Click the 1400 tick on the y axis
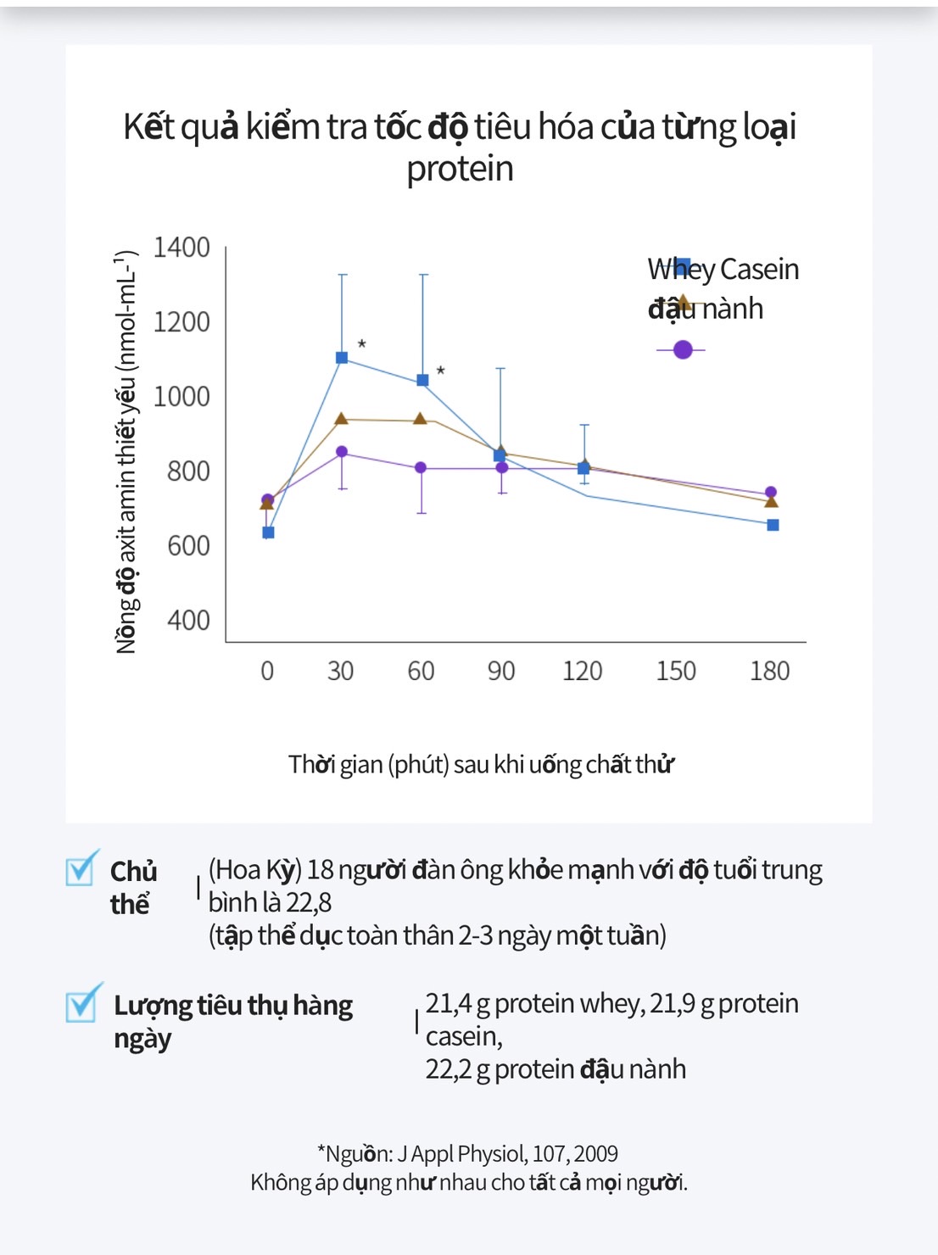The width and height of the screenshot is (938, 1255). click(181, 248)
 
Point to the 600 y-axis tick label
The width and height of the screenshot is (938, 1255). click(188, 545)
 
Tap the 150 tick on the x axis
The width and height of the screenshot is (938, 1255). click(675, 671)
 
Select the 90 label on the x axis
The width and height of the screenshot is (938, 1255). click(500, 671)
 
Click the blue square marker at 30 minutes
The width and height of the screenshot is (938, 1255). click(342, 358)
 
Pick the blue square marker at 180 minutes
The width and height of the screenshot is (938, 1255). click(773, 525)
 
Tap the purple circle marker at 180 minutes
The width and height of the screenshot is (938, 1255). click(771, 493)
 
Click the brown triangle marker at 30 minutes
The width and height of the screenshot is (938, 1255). click(341, 419)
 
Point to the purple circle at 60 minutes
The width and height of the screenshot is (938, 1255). click(421, 468)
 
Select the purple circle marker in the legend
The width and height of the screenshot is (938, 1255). click(683, 349)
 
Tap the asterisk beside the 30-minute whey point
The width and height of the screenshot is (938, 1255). click(362, 344)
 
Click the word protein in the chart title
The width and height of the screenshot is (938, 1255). click(460, 169)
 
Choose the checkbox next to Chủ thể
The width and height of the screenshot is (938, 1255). click(81, 868)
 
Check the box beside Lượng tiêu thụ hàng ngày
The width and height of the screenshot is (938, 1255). click(82, 1003)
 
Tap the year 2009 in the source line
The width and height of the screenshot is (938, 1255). click(595, 1154)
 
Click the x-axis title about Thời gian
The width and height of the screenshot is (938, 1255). click(481, 764)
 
